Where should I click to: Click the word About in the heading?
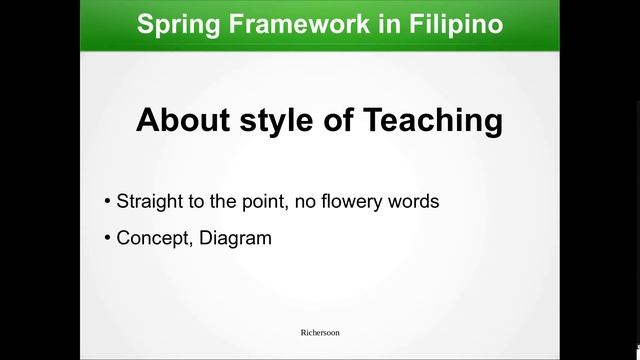pos(181,122)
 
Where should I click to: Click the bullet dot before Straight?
pos(108,201)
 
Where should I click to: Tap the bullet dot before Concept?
pos(108,239)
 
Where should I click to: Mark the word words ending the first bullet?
pos(415,201)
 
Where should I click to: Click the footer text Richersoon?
pos(320,331)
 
